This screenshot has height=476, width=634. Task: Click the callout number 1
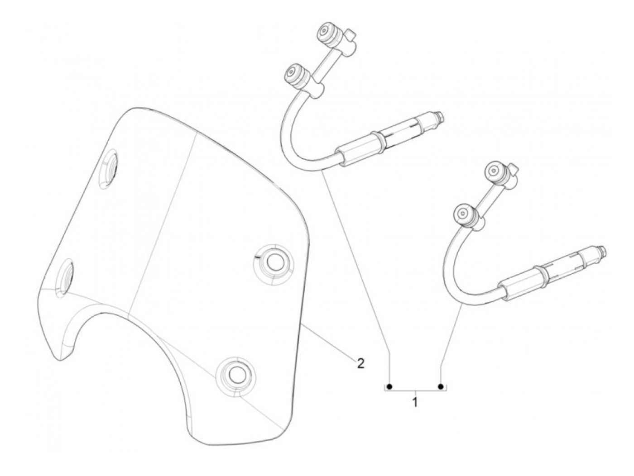click(415, 401)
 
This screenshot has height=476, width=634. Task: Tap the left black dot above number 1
click(390, 386)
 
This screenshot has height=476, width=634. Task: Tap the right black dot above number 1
click(441, 386)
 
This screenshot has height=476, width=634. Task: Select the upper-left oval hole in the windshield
click(109, 170)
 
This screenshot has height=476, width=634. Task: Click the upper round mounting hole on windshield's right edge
click(274, 261)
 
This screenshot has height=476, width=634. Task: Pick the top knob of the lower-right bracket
click(495, 172)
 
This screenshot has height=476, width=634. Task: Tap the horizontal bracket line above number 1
click(415, 390)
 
